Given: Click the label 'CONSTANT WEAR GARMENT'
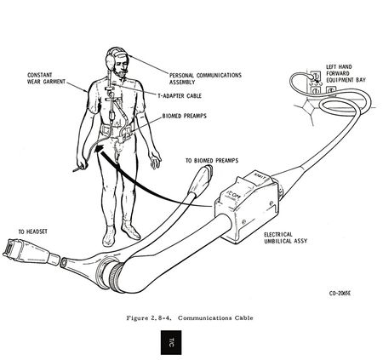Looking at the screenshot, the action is [x=46, y=78].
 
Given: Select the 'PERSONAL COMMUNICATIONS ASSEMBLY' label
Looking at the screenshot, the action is [x=205, y=78].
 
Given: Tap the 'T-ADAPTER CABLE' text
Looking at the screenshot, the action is [x=180, y=96].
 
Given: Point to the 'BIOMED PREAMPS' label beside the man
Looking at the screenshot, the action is [x=184, y=116].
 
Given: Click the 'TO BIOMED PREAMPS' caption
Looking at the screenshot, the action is [x=212, y=161].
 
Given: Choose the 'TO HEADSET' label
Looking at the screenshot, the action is [x=33, y=231].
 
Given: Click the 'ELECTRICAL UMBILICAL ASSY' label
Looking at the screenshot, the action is [x=285, y=237].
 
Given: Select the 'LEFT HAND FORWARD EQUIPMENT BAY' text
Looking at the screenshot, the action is [x=346, y=73].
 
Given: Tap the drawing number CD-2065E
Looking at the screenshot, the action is [x=340, y=294].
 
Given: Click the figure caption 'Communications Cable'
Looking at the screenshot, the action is [x=215, y=317].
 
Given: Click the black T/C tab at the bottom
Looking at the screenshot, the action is [x=171, y=342].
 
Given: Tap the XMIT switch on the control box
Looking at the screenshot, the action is [x=260, y=176].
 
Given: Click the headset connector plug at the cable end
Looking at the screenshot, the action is [x=28, y=252].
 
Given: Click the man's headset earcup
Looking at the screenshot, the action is [x=110, y=60].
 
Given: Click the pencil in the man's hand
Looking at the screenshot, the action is [x=78, y=169].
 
